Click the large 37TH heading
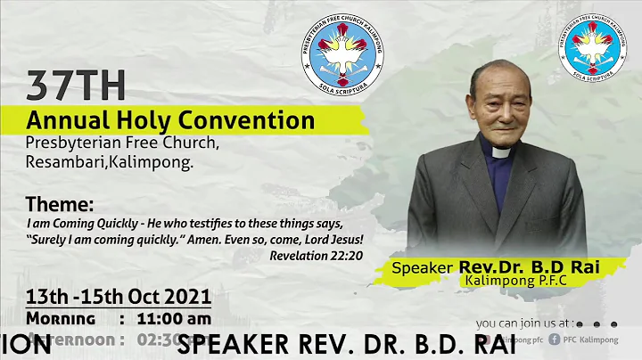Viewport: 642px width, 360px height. (75, 86)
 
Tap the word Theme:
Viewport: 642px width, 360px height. (59, 203)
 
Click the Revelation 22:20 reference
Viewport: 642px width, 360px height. (316, 254)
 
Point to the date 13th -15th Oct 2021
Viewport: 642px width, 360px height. (118, 296)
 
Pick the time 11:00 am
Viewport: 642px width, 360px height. (174, 318)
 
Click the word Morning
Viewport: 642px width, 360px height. (61, 318)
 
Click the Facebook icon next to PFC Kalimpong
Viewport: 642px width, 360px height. (555, 339)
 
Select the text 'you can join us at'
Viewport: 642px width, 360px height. (524, 323)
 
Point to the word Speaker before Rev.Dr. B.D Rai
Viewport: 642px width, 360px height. (424, 267)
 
